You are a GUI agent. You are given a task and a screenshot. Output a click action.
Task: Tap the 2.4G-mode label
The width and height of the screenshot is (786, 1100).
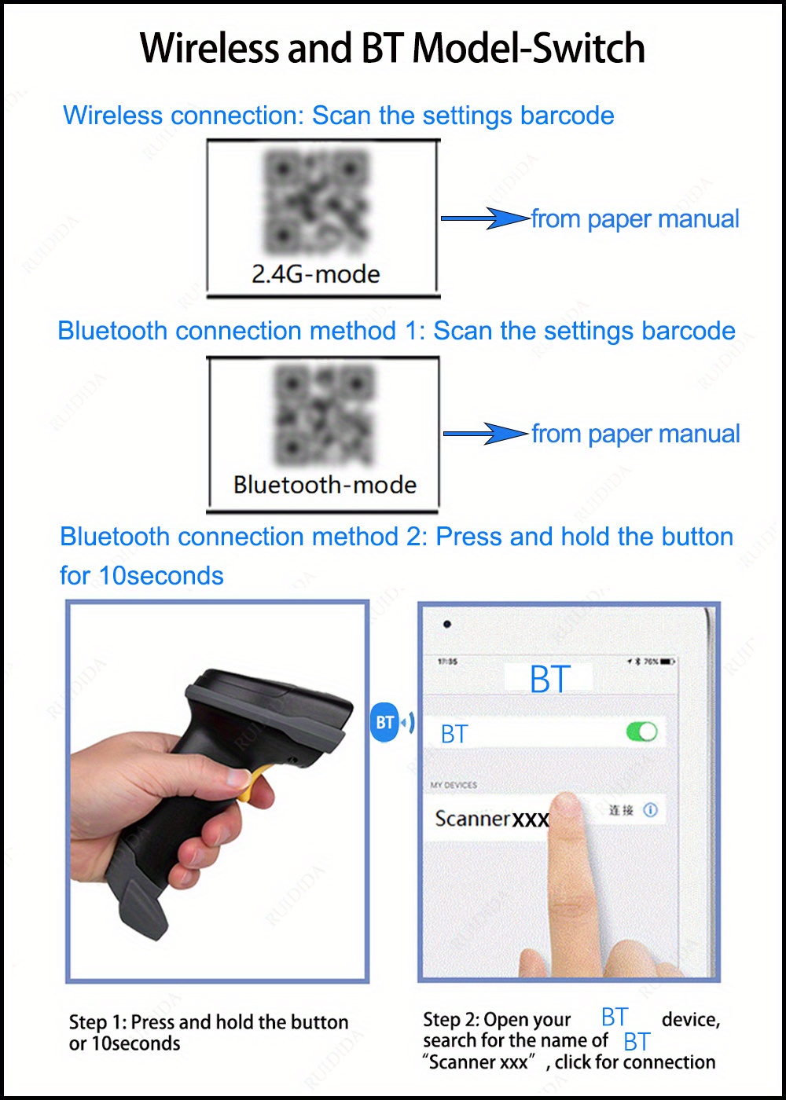(316, 274)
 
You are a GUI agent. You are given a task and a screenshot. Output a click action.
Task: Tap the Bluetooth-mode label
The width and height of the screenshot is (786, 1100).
(325, 485)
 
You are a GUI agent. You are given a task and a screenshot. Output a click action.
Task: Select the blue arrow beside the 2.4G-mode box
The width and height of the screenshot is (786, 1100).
(485, 218)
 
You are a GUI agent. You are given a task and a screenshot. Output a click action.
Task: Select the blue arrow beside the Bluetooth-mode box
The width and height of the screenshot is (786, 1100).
(486, 434)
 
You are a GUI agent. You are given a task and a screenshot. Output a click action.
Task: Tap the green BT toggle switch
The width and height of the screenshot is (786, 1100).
(642, 732)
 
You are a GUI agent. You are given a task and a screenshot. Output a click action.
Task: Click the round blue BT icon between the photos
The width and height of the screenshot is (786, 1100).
(384, 722)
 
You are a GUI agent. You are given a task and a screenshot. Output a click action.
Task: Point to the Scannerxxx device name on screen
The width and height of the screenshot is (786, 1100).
(491, 819)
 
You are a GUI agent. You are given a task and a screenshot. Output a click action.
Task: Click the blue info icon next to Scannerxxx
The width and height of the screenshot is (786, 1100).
(651, 810)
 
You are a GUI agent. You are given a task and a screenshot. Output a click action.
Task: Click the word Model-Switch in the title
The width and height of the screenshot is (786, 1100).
(529, 49)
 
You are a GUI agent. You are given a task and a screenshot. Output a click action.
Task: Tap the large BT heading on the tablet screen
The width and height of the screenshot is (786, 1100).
(549, 680)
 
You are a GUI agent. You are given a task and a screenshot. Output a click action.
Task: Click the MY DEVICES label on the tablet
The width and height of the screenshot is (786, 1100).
(454, 785)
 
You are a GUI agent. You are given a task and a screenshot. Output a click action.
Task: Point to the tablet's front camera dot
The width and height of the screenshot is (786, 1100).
(447, 625)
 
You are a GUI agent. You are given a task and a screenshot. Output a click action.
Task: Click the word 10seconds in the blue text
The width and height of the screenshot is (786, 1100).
(161, 576)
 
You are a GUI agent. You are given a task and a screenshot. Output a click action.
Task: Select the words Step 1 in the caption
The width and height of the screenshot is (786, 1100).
(97, 1022)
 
